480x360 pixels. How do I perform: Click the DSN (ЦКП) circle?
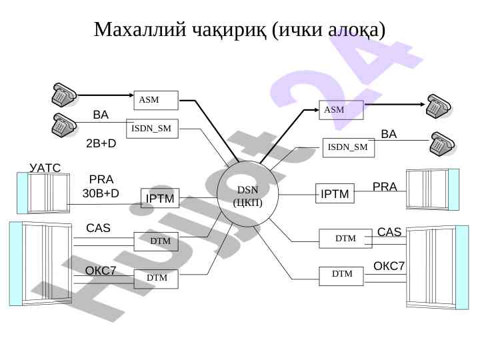coord(247,195)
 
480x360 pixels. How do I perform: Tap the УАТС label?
coord(45,168)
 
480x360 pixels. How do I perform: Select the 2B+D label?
coord(101,143)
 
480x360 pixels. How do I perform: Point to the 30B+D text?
coord(101,193)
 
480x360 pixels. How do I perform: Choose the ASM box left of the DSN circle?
coord(156,100)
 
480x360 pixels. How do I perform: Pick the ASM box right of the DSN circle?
coord(341,109)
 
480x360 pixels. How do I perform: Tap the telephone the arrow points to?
coord(440,105)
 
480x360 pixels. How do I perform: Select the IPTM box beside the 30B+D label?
coord(160,198)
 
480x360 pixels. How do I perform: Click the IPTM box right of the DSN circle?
coord(335,194)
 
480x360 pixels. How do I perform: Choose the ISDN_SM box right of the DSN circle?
coord(349,147)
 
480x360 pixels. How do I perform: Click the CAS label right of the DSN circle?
coord(389,232)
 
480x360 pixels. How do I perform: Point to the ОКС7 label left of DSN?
coord(101,271)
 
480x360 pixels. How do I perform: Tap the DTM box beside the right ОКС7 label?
coord(341,275)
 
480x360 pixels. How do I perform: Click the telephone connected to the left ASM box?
coord(65,95)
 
